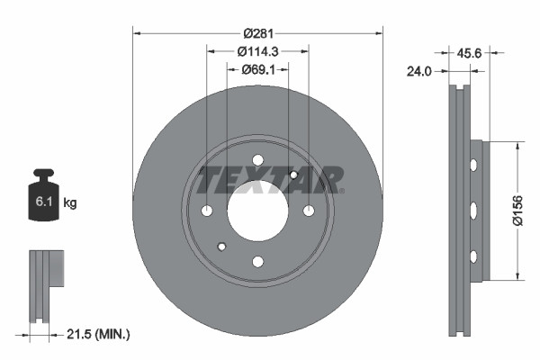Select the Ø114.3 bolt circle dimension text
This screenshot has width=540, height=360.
pyautogui.click(x=258, y=51)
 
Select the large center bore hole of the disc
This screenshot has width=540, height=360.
pyautogui.click(x=257, y=211)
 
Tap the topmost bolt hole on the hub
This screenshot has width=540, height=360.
pyautogui.click(x=257, y=161)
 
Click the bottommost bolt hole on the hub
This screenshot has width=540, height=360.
pyautogui.click(x=257, y=262)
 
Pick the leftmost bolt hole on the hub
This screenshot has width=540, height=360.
pyautogui.click(x=207, y=211)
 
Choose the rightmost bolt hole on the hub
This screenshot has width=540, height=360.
pyautogui.click(x=309, y=211)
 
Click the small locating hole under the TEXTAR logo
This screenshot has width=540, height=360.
pyautogui.click(x=293, y=175)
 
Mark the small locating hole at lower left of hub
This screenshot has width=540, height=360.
pyautogui.click(x=221, y=247)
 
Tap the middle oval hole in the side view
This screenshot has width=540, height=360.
pyautogui.click(x=472, y=211)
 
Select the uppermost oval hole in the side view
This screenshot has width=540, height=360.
pyautogui.click(x=472, y=164)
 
